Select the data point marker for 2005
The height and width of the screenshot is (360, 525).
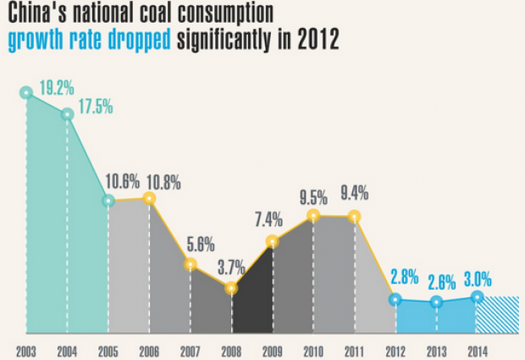108,202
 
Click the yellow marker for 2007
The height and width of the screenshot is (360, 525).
191,265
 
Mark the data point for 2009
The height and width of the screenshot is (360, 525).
272,242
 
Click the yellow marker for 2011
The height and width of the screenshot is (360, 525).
354,217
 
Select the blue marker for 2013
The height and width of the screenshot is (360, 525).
436,302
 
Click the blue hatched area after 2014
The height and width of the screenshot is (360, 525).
497,314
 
